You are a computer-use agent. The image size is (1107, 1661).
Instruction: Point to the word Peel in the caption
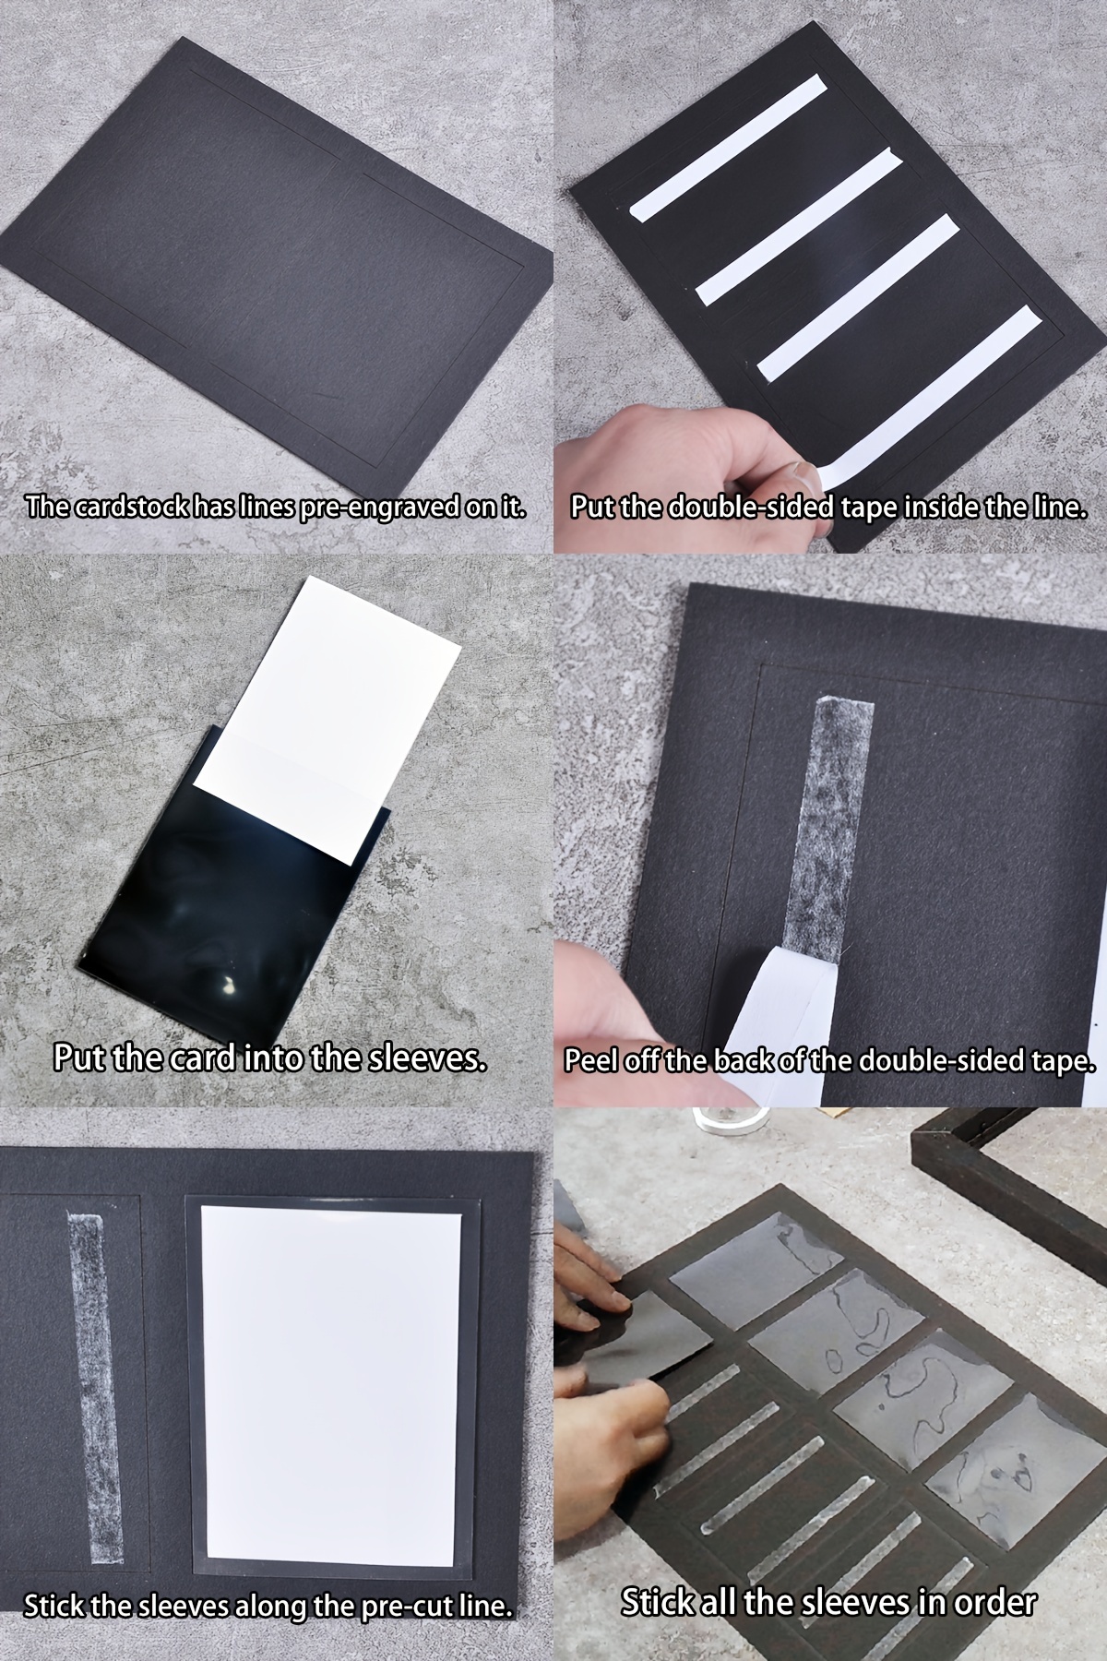[590, 1061]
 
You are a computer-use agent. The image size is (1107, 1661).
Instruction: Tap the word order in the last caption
[994, 1602]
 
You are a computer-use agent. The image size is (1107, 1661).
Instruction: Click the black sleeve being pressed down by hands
[646, 1333]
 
